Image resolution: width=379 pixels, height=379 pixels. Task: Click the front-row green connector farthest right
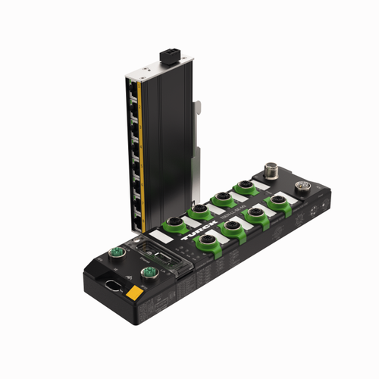coord(279,200)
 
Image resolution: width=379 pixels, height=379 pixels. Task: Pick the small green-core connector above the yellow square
coord(146,272)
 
